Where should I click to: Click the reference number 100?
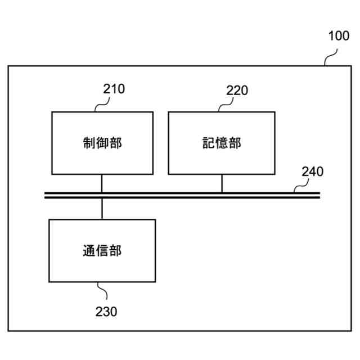point(338,37)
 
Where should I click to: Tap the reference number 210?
point(114,89)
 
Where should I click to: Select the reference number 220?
point(237,91)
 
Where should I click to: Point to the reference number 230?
point(106,311)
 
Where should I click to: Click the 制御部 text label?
point(102,143)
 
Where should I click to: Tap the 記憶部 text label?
point(222,143)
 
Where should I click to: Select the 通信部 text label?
point(102,250)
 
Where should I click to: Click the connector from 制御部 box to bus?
point(102,183)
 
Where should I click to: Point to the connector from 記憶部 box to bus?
point(222,183)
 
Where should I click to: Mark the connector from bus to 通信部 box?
point(102,208)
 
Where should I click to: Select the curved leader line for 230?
point(103,291)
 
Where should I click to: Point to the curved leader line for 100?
point(330,57)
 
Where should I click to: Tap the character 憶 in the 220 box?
point(222,143)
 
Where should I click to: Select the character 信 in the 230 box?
point(102,250)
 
